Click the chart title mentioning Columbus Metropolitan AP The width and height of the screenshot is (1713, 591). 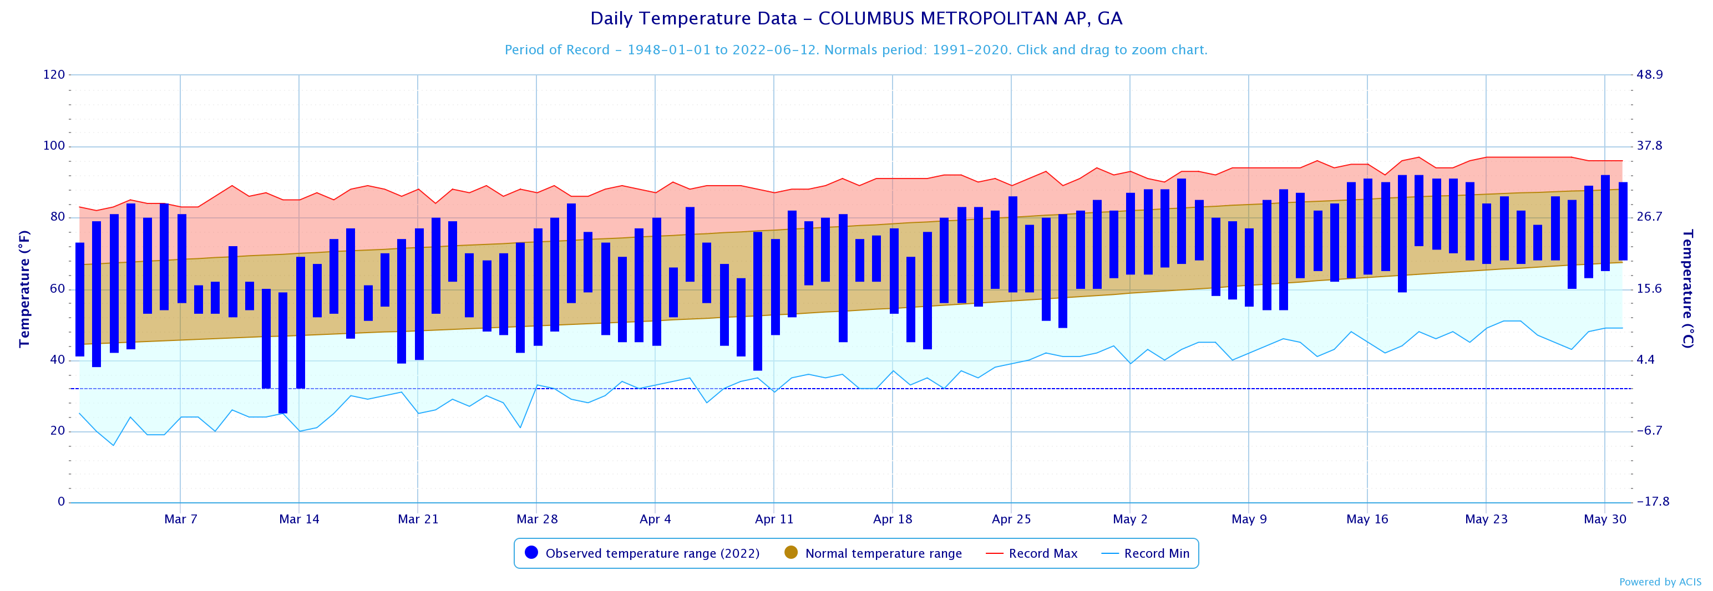pos(856,19)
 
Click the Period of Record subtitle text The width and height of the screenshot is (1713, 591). pos(856,50)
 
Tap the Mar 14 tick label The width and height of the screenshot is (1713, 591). pos(299,519)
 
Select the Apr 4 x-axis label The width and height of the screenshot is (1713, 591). pos(655,519)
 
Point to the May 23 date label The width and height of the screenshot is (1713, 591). pos(1486,519)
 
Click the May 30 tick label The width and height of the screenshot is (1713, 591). pos(1605,519)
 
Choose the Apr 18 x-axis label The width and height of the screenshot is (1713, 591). pos(893,519)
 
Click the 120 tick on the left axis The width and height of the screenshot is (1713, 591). pos(54,74)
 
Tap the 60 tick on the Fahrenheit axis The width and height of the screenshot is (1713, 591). pos(57,288)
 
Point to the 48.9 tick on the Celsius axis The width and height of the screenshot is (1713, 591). pos(1649,74)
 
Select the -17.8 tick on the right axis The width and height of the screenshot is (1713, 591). pos(1652,502)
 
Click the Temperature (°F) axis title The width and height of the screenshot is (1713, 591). pos(24,288)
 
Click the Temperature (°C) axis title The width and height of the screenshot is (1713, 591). pos(1687,288)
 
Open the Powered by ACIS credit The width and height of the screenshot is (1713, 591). pos(1660,582)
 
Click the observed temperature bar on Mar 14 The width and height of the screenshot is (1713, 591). pos(301,323)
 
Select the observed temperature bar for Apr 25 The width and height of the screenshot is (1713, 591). pos(1013,244)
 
